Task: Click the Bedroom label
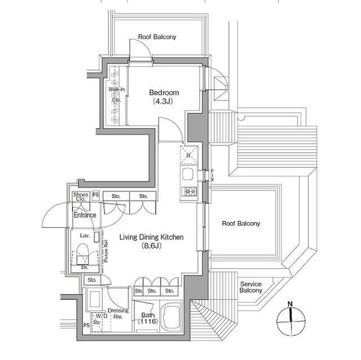164,92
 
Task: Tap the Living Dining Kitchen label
151,237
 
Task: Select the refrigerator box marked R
188,155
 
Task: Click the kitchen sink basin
187,174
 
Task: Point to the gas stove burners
190,191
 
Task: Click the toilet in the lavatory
82,254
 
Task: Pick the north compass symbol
291,322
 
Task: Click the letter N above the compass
290,304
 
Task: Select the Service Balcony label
250,287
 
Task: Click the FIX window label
212,175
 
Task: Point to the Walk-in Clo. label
117,95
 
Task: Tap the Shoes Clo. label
81,197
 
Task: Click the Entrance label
85,215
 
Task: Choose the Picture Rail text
106,251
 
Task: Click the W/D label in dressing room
102,315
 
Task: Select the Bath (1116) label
148,318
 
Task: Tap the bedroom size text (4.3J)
163,101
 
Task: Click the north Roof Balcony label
157,37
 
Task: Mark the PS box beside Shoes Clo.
95,195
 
